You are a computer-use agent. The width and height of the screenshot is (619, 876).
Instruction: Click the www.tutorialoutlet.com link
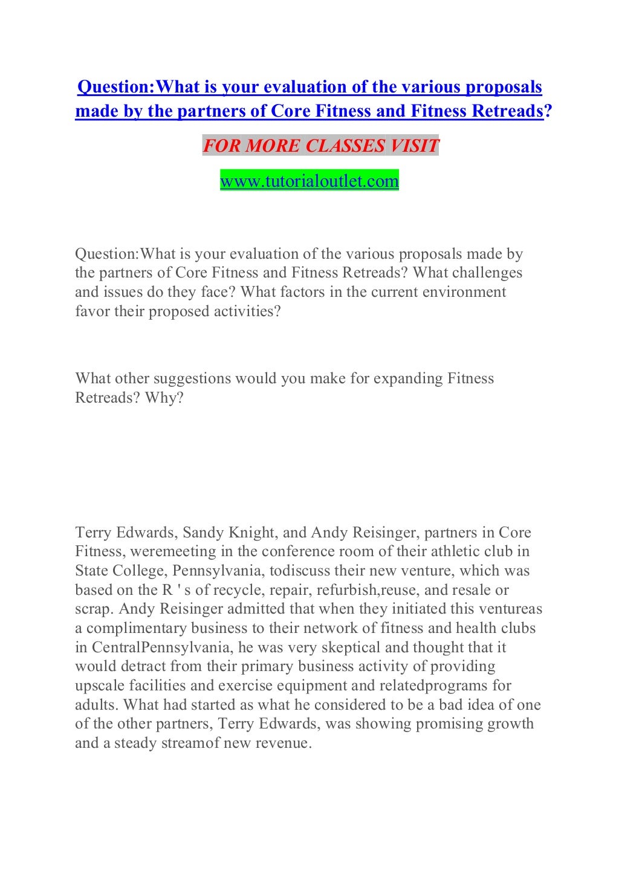(x=309, y=181)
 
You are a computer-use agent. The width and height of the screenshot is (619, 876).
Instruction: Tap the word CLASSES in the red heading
(x=345, y=146)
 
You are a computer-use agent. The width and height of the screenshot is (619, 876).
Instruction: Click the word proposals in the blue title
(x=503, y=87)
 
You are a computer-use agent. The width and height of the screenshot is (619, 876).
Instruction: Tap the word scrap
(x=94, y=609)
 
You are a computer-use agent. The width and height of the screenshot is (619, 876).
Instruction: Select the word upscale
(x=100, y=686)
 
